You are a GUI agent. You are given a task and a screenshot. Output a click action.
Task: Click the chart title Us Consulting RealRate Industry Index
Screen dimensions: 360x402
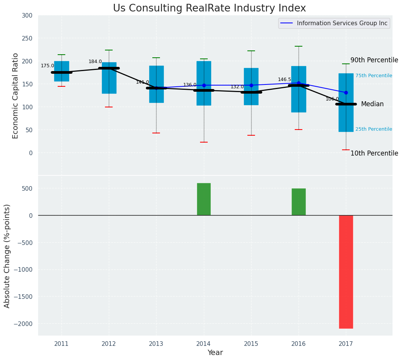coord(209,8)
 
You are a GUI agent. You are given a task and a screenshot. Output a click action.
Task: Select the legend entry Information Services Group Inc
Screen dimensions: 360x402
coord(342,23)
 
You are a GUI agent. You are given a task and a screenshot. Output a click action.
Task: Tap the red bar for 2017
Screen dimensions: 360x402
coord(346,272)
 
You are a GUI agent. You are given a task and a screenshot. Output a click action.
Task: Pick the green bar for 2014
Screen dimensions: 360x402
coord(204,199)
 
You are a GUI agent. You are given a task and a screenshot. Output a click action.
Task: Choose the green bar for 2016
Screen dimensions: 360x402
coord(299,202)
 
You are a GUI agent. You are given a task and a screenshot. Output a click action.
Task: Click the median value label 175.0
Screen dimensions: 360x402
coord(47,66)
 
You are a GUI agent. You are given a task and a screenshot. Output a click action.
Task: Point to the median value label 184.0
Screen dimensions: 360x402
coord(95,62)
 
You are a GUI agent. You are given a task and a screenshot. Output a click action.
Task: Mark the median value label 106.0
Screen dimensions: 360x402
coord(332,99)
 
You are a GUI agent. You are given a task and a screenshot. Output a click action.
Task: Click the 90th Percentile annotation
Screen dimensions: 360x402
coord(374,60)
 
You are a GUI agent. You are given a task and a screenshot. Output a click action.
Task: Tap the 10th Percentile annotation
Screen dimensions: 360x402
coord(374,153)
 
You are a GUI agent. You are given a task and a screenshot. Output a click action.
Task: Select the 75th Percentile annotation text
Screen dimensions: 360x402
coord(374,76)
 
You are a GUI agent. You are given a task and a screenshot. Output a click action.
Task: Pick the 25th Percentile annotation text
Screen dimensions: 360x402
coord(374,129)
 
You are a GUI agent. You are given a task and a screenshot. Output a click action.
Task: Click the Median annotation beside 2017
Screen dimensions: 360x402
coord(372,104)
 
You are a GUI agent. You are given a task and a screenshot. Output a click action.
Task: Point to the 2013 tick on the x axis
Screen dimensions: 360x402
coord(156,344)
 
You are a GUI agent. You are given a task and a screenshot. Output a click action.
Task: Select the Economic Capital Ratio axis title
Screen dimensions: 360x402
coord(16,96)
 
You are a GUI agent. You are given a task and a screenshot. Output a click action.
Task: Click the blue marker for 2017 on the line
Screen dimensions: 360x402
coord(346,92)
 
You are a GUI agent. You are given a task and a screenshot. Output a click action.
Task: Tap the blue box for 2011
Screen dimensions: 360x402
coord(61,71)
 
